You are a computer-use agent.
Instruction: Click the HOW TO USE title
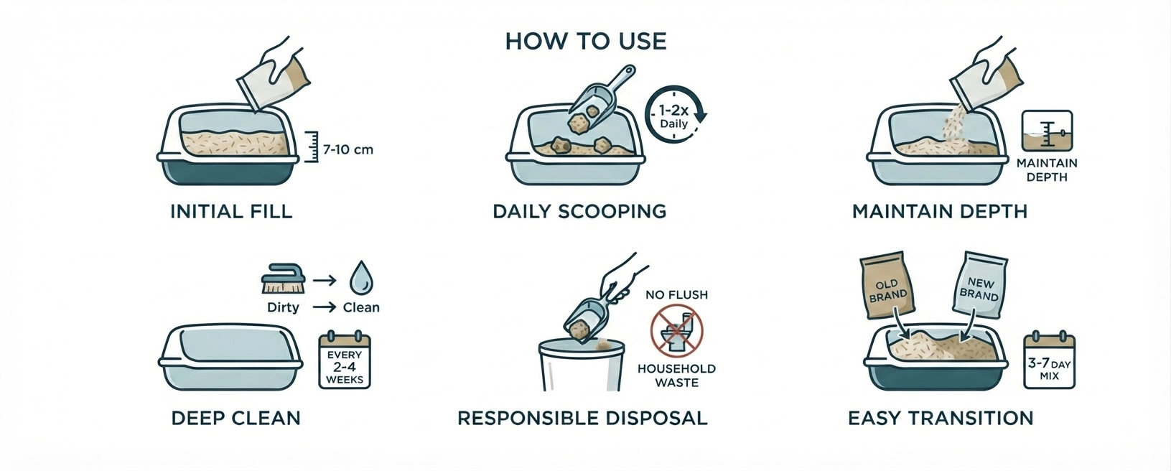pyautogui.click(x=586, y=42)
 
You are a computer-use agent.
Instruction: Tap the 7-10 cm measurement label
pyautogui.click(x=348, y=150)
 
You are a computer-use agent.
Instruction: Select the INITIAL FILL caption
pyautogui.click(x=231, y=212)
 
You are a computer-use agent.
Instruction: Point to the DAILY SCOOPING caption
pyautogui.click(x=579, y=212)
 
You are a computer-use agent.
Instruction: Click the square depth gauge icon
pyautogui.click(x=1047, y=131)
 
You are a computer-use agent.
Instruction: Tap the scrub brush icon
pyautogui.click(x=283, y=280)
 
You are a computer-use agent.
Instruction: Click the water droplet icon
pyautogui.click(x=361, y=278)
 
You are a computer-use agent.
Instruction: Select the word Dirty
pyautogui.click(x=283, y=307)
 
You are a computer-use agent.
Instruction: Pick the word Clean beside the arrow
pyautogui.click(x=360, y=307)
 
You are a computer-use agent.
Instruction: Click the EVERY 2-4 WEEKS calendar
pyautogui.click(x=345, y=360)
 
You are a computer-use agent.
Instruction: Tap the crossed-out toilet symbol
pyautogui.click(x=676, y=330)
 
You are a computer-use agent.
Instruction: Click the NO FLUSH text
pyautogui.click(x=676, y=295)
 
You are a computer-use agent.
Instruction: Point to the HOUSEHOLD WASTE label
pyautogui.click(x=676, y=376)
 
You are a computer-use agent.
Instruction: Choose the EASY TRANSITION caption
pyautogui.click(x=941, y=418)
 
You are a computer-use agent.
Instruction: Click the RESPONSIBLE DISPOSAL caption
pyautogui.click(x=582, y=418)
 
